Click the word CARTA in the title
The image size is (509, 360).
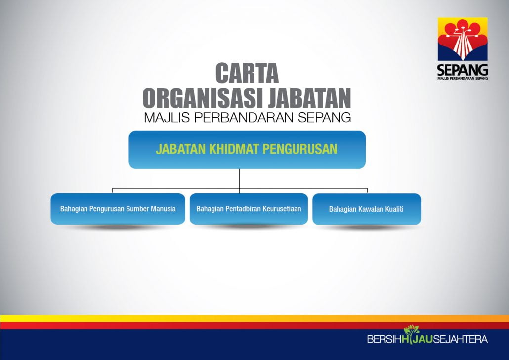[x=247, y=73]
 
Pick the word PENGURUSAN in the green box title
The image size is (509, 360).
[x=299, y=149]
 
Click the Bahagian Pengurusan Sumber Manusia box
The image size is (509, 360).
[x=118, y=209]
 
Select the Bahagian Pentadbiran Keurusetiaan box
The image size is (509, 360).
[x=249, y=209]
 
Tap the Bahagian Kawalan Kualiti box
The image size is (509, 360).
[x=367, y=209]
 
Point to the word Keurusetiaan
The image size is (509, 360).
[x=282, y=209]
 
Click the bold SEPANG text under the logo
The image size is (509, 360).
[x=463, y=70]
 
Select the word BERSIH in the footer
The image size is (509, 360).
[x=384, y=339]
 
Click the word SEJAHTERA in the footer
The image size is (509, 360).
[x=460, y=339]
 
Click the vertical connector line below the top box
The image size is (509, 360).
[x=239, y=180]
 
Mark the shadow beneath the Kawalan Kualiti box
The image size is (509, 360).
[x=367, y=227]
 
